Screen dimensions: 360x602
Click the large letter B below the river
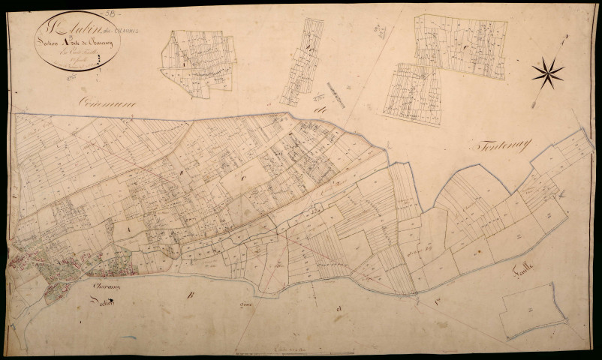click(190, 294)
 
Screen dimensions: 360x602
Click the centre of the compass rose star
click(547, 73)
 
